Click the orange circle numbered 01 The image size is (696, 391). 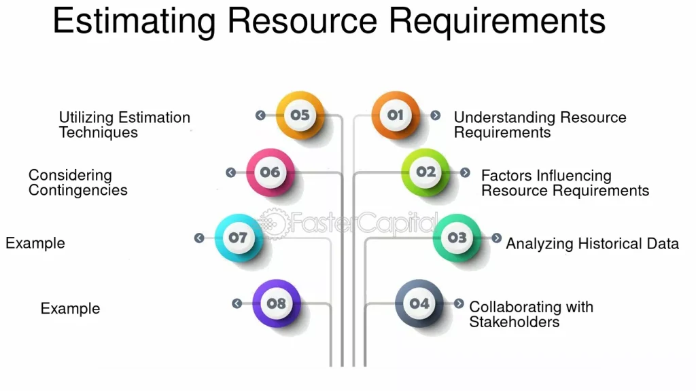396,115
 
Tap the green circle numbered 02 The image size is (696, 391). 425,172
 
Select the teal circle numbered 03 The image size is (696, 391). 457,238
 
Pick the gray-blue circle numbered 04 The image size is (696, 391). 419,303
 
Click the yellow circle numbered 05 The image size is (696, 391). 300,115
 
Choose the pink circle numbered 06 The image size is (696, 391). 271,172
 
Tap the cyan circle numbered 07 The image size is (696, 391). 239,238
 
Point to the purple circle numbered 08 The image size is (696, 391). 277,303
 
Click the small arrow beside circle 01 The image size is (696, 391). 436,115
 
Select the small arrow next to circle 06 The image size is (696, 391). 231,172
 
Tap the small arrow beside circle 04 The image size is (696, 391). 459,303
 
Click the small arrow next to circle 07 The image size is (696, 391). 199,238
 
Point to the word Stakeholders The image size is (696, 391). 514,322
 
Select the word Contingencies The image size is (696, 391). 77,190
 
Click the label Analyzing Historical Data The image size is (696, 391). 593,244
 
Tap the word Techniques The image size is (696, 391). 99,132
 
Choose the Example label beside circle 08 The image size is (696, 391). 70,309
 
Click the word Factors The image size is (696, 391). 507,176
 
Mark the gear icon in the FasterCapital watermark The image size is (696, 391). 273,223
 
